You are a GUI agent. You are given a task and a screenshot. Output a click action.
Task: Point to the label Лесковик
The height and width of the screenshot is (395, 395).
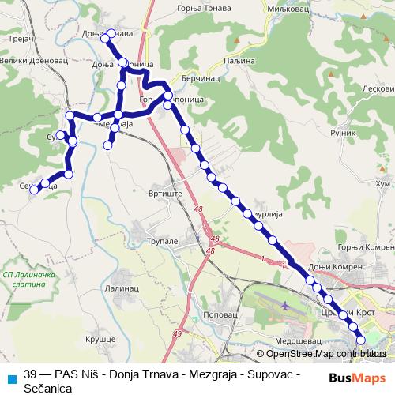378,89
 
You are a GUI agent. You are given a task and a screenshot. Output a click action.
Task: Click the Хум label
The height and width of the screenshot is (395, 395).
382,184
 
